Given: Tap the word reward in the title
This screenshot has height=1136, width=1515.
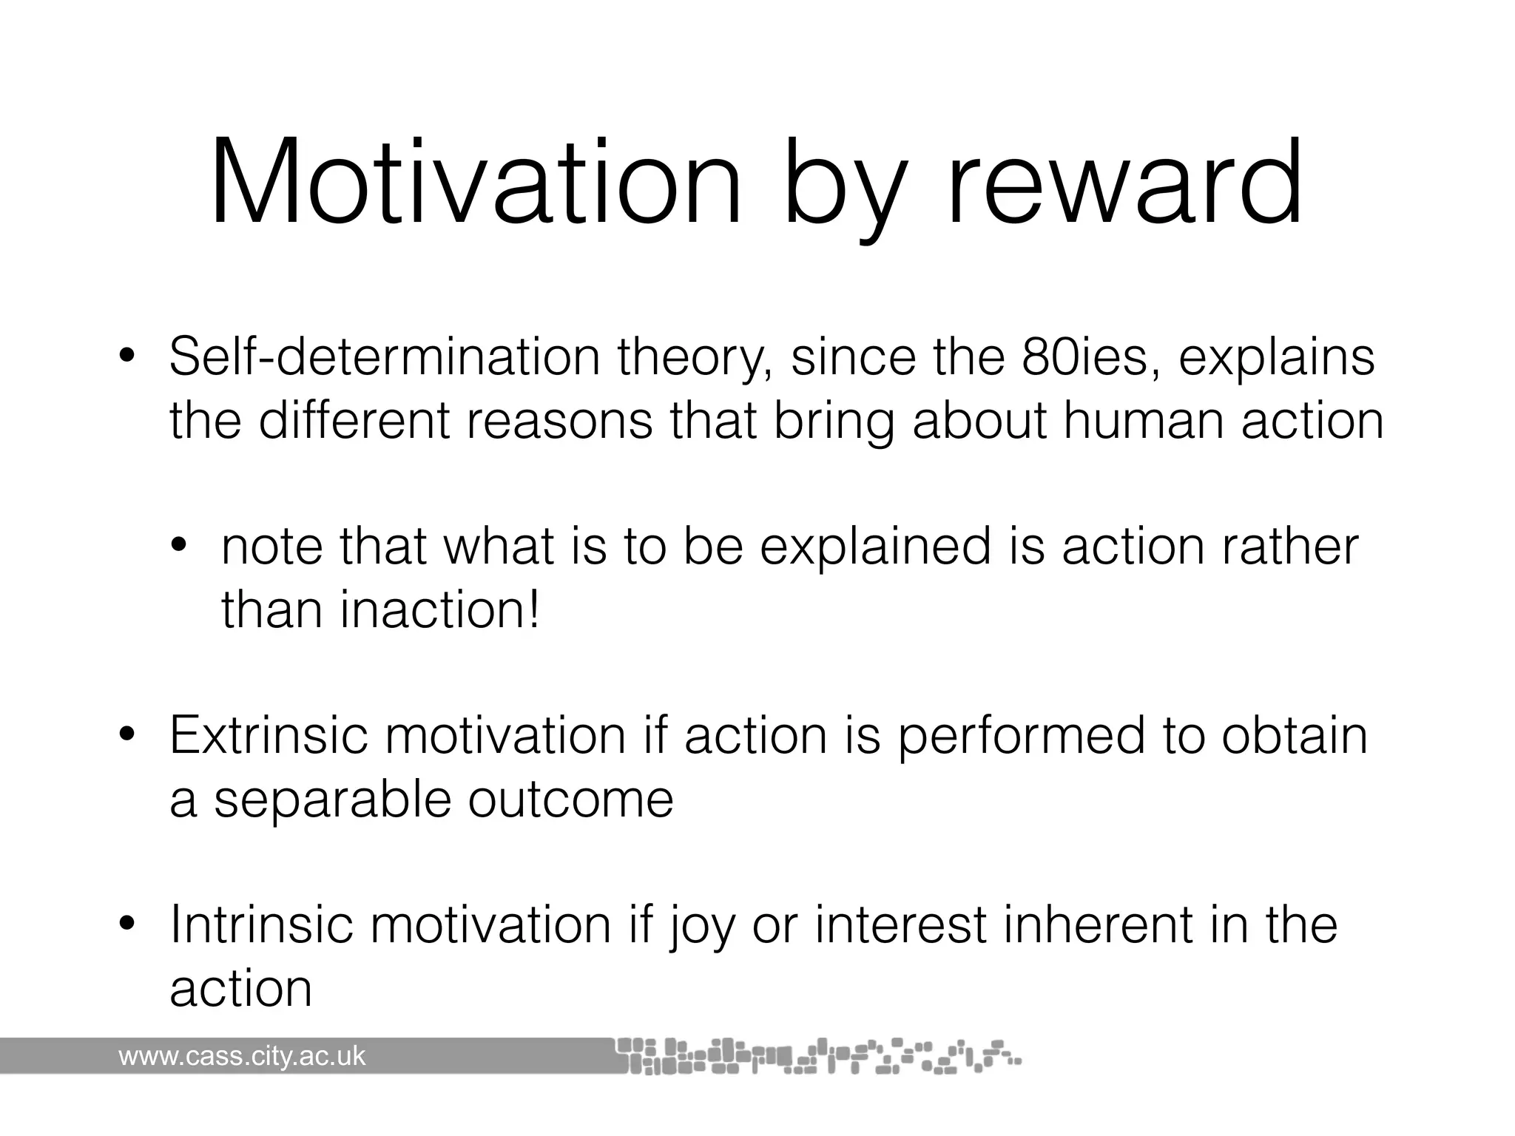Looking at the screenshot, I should (1124, 183).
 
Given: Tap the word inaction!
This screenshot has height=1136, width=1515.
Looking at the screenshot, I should (440, 610).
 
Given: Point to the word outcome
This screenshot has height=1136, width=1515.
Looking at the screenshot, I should (570, 799).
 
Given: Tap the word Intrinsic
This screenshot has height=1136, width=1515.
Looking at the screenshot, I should (262, 925).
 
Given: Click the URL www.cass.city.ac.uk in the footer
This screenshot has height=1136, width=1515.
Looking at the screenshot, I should (242, 1056).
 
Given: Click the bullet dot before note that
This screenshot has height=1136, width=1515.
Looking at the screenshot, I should (180, 548).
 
